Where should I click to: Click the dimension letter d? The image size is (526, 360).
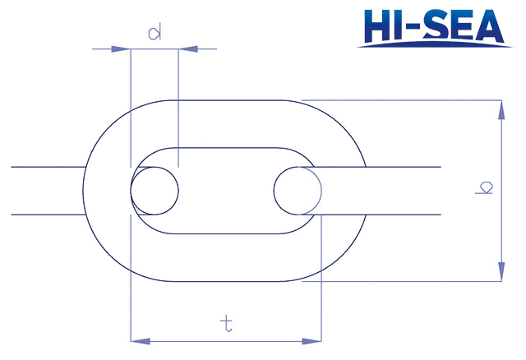155,31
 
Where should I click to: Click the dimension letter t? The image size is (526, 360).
227,323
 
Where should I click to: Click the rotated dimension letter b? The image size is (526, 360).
484,187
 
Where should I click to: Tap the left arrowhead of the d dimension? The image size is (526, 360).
121,49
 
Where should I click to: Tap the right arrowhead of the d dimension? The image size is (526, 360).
188,49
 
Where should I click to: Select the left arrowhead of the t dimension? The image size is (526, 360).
141,341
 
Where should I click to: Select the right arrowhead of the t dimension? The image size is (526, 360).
311,341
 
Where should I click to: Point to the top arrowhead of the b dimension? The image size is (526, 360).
501,109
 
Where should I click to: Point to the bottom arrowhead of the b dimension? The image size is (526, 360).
501,271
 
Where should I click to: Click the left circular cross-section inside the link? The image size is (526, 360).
131,191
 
